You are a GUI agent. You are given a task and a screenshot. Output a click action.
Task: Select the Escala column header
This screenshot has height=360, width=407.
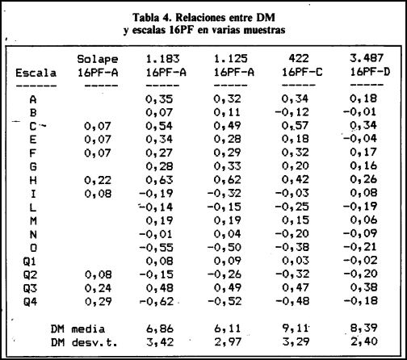click(36, 73)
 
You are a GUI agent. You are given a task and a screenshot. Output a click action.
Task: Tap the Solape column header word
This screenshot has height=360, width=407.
click(98, 60)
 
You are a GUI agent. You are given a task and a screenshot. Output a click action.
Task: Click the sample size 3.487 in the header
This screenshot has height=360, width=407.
click(367, 58)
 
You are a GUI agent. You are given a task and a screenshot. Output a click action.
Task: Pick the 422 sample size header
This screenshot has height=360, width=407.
click(299, 58)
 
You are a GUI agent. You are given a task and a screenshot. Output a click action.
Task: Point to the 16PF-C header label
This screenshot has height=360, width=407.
click(302, 73)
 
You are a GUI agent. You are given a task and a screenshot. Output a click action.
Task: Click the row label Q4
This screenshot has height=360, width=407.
click(30, 302)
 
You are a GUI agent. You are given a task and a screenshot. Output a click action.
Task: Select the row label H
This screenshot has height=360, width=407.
click(33, 180)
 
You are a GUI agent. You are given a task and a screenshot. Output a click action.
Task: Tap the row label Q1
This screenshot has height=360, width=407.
click(30, 262)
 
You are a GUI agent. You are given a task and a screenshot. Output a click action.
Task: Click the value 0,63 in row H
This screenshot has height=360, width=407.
click(159, 180)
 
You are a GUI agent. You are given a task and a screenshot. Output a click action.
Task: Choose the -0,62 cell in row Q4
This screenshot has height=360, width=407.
click(156, 301)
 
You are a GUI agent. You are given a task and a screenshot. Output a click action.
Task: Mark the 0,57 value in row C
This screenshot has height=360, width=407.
click(295, 126)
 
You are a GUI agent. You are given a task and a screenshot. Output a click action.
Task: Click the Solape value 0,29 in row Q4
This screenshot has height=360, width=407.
click(99, 302)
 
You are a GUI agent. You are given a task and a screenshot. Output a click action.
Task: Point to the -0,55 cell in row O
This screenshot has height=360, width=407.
click(156, 247)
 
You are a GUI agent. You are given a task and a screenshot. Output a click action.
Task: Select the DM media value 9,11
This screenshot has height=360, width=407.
click(295, 329)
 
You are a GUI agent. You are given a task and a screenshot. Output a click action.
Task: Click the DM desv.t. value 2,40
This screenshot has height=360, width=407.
click(364, 341)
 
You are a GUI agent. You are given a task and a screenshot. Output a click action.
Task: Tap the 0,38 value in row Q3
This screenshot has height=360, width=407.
click(363, 287)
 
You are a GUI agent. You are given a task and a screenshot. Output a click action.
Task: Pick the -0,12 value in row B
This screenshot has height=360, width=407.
click(292, 112)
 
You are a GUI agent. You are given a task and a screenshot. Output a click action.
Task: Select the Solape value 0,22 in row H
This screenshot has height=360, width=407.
click(98, 180)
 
